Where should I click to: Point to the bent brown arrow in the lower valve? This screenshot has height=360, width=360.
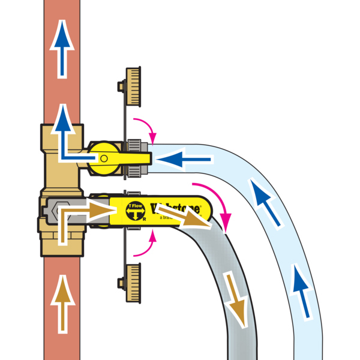click(78, 216)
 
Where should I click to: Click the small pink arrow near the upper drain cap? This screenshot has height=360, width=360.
click(144, 128)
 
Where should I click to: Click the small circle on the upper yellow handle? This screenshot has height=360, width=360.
click(104, 158)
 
